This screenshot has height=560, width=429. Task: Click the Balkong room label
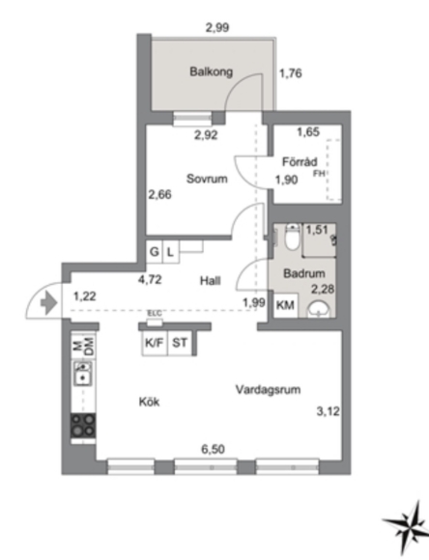[x=211, y=71]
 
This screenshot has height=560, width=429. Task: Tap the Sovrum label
[x=207, y=179]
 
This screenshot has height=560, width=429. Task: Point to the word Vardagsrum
[x=268, y=389]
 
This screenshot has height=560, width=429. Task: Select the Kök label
[x=149, y=402]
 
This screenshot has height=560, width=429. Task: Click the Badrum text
[x=304, y=273]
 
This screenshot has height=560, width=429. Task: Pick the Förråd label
[x=300, y=162]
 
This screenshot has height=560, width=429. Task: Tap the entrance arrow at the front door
[x=49, y=303]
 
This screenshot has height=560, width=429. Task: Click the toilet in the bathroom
[x=293, y=237]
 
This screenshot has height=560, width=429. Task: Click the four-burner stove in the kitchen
[x=83, y=426]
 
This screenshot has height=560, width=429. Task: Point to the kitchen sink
[x=83, y=374]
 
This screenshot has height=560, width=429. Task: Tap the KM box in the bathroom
[x=285, y=305]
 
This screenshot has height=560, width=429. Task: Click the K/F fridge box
[x=155, y=343]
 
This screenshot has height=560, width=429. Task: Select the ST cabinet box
[x=180, y=343]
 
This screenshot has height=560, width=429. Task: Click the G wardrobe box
[x=155, y=252]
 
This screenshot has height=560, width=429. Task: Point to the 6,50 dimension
[x=214, y=449]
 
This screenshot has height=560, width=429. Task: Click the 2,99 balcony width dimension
[x=217, y=27]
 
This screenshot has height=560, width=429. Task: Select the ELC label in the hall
[x=155, y=313]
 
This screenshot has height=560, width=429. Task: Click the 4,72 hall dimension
[x=150, y=279]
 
